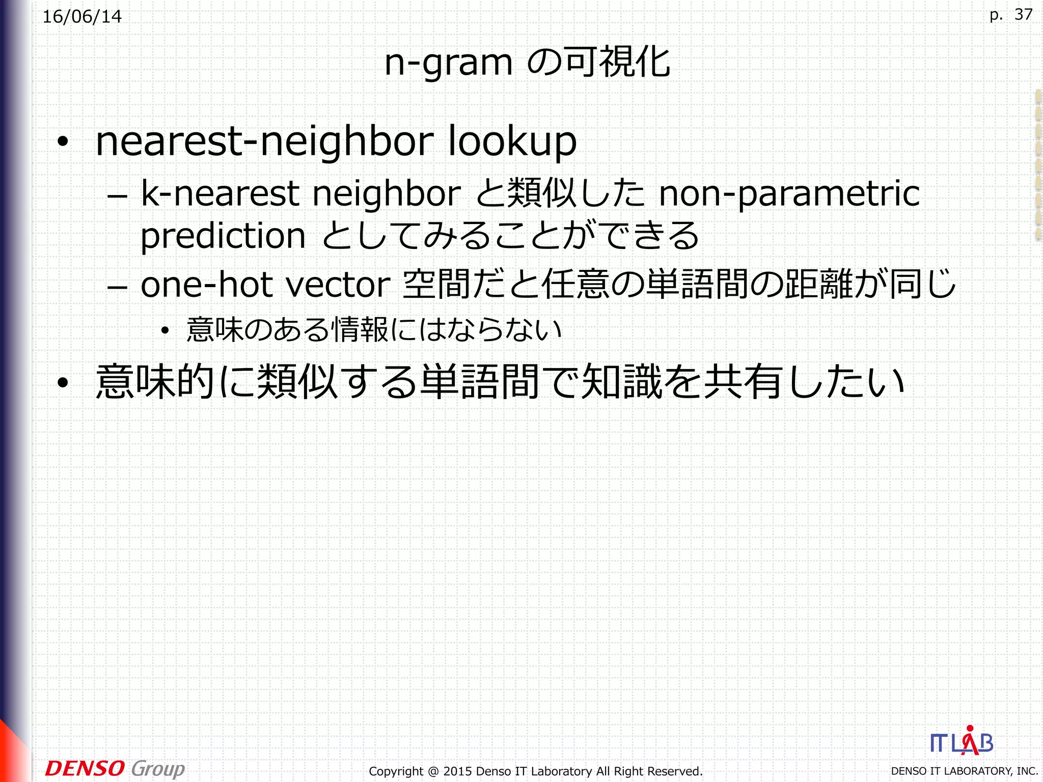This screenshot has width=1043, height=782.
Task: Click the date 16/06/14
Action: coord(82,17)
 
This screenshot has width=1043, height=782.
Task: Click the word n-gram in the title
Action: coord(448,63)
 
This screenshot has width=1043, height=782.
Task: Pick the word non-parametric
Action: coord(789,194)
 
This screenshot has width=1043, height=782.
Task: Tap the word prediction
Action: coord(223,236)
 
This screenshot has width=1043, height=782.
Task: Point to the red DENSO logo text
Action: coord(85,768)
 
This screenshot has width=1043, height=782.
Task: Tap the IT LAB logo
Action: coord(962,742)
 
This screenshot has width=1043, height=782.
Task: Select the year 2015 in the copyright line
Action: coord(457,771)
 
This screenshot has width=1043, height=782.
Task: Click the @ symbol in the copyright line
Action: coord(433,771)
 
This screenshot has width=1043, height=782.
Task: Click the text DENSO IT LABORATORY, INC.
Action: coord(964,771)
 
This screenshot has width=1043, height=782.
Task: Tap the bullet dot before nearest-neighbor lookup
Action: coord(63,142)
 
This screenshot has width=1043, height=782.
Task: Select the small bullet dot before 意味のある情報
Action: coord(164,331)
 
